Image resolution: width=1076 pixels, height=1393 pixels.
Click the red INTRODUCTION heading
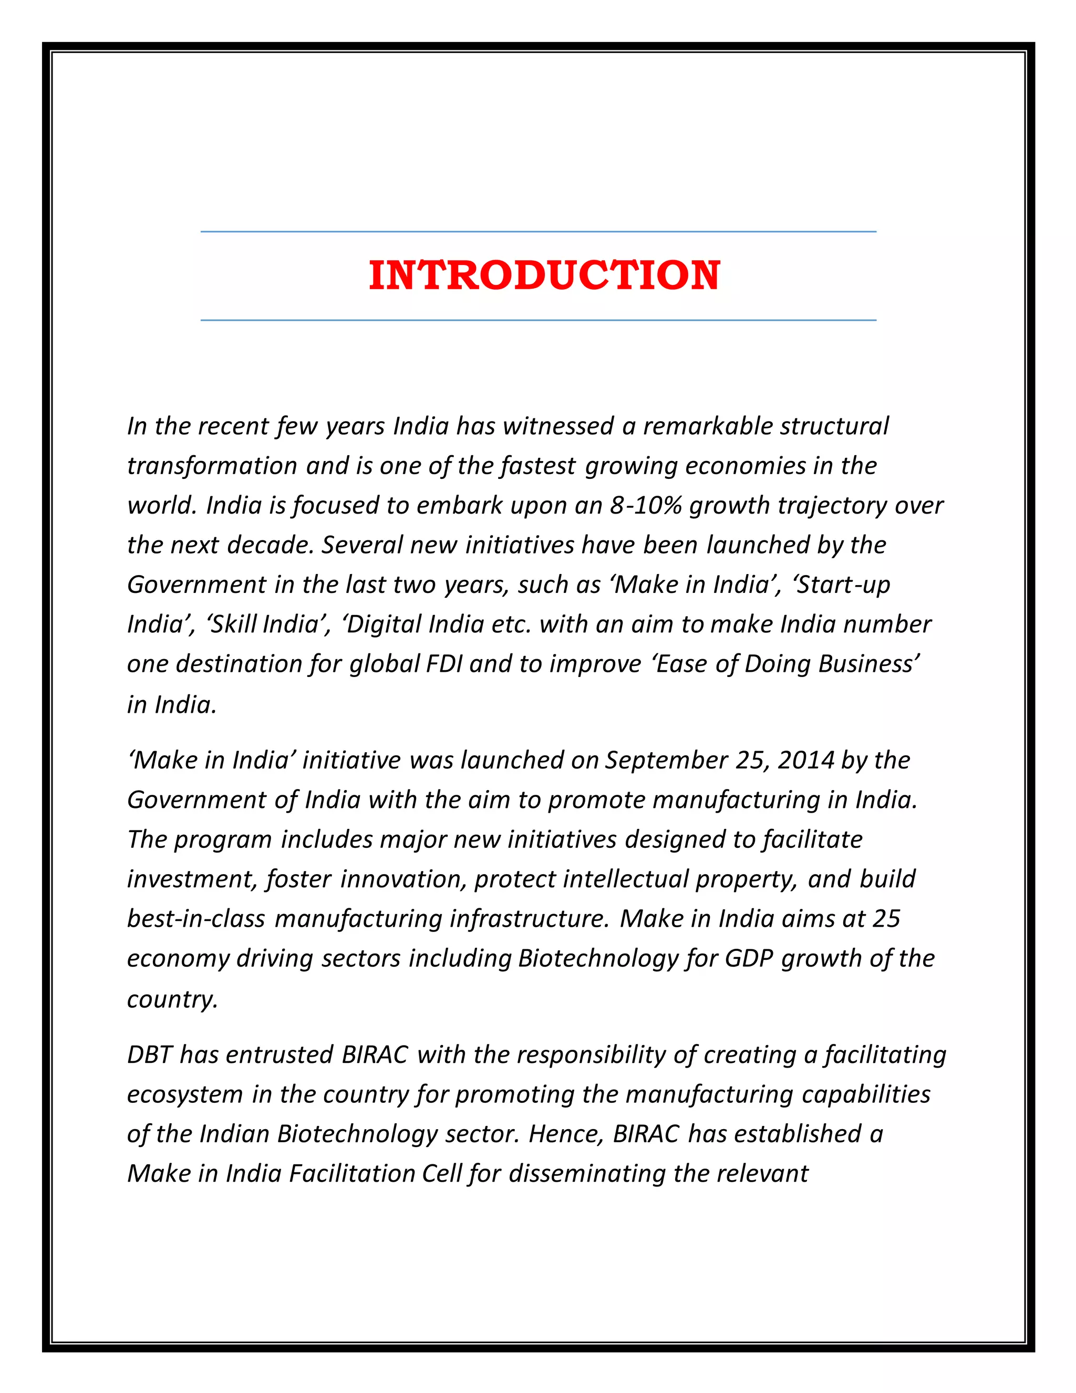[544, 275]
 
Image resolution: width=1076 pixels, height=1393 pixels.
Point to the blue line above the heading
[538, 231]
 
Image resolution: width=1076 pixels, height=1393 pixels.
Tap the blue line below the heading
[538, 320]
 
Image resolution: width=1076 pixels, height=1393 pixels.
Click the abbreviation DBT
[149, 1054]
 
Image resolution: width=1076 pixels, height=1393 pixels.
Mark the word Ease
[679, 664]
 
